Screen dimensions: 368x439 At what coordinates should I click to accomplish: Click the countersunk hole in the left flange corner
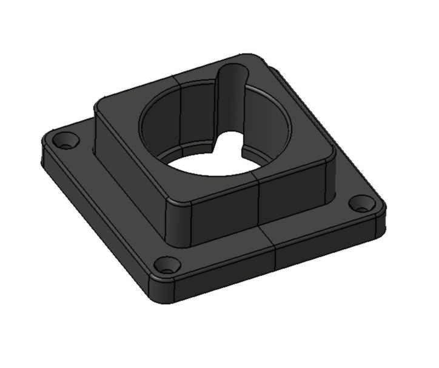point(64,141)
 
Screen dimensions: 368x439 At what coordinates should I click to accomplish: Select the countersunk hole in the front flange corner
point(166,266)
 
